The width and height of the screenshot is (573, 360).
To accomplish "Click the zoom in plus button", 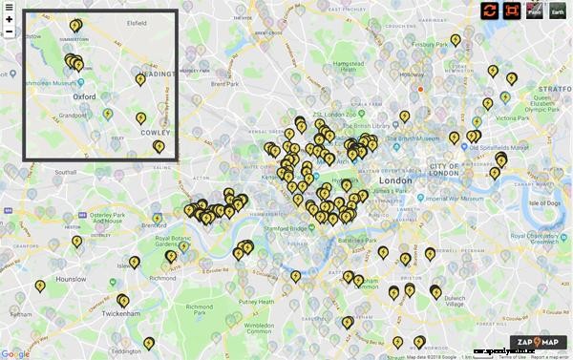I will [9, 18].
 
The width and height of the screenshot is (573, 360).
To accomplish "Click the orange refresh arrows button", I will [490, 11].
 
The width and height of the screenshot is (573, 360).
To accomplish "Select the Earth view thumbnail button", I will [557, 11].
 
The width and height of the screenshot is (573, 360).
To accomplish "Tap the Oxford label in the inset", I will [86, 96].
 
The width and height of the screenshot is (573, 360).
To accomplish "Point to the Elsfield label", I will [137, 20].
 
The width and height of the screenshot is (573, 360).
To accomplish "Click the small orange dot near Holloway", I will [419, 89].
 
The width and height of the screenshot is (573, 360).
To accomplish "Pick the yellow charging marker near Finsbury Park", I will [456, 40].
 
